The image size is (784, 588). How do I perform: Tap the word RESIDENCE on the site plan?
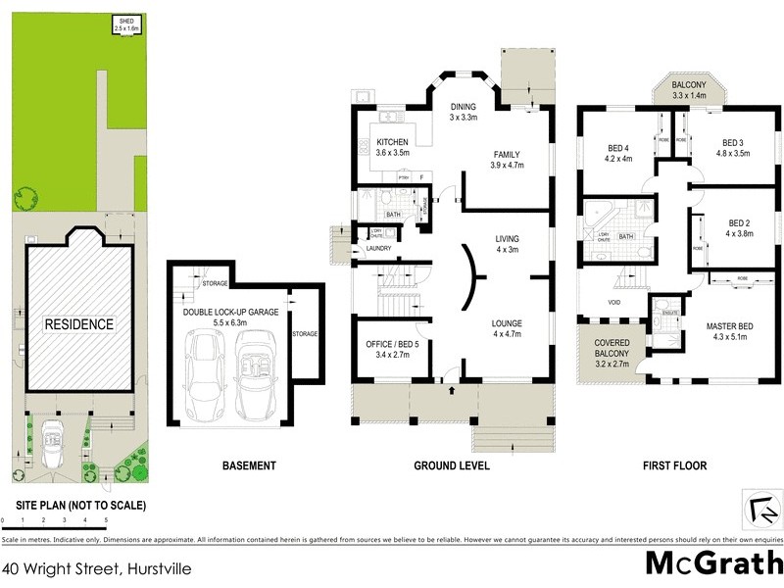tap(77, 323)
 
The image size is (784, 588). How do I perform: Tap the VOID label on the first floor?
tap(613, 302)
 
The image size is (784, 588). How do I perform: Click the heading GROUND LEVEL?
tap(451, 465)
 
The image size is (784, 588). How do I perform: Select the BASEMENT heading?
tap(249, 465)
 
